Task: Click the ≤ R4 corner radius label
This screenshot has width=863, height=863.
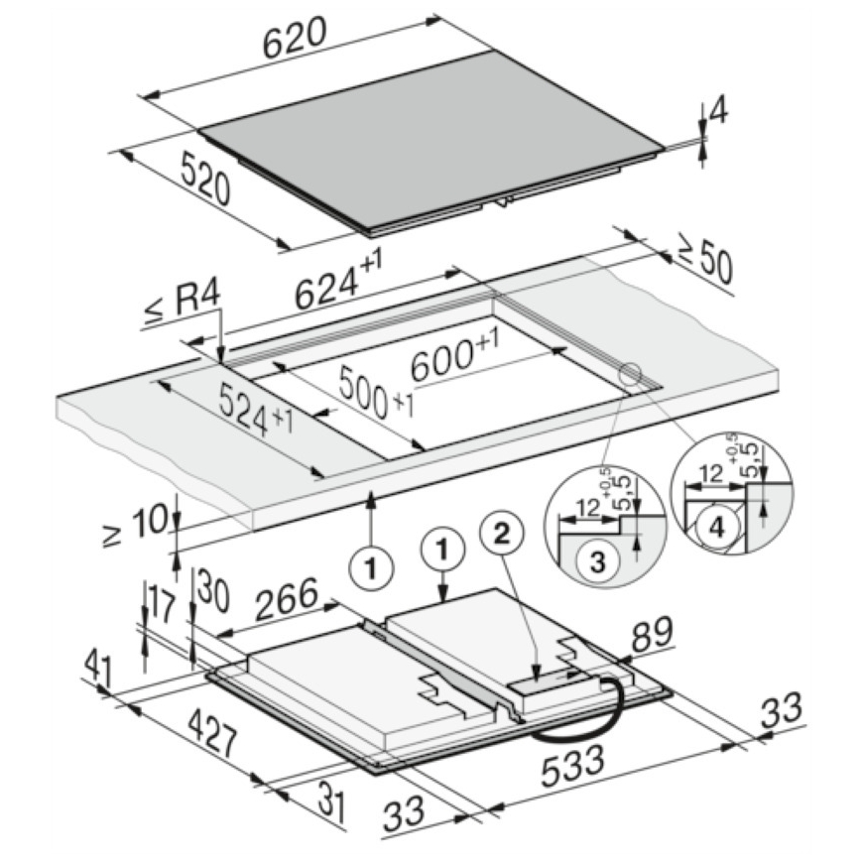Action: pos(183,305)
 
